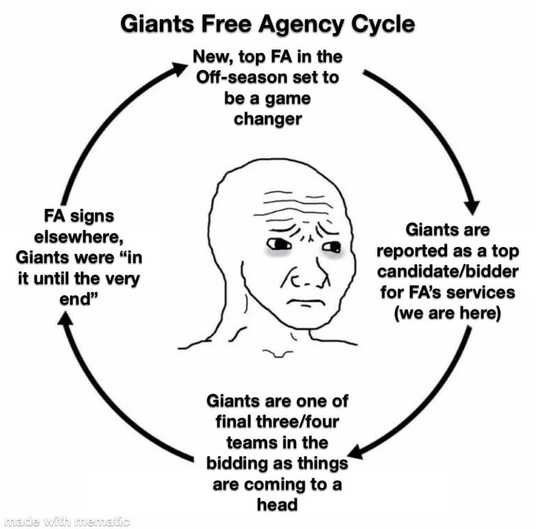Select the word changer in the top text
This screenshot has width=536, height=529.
tap(268, 119)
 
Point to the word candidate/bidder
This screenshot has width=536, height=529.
tap(448, 271)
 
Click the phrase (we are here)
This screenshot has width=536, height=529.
tap(448, 313)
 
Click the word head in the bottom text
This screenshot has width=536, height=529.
tap(277, 505)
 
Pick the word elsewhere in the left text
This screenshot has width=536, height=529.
tap(78, 237)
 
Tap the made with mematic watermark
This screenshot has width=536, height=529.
tap(67, 522)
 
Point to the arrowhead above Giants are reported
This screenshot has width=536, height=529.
tap(472, 206)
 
